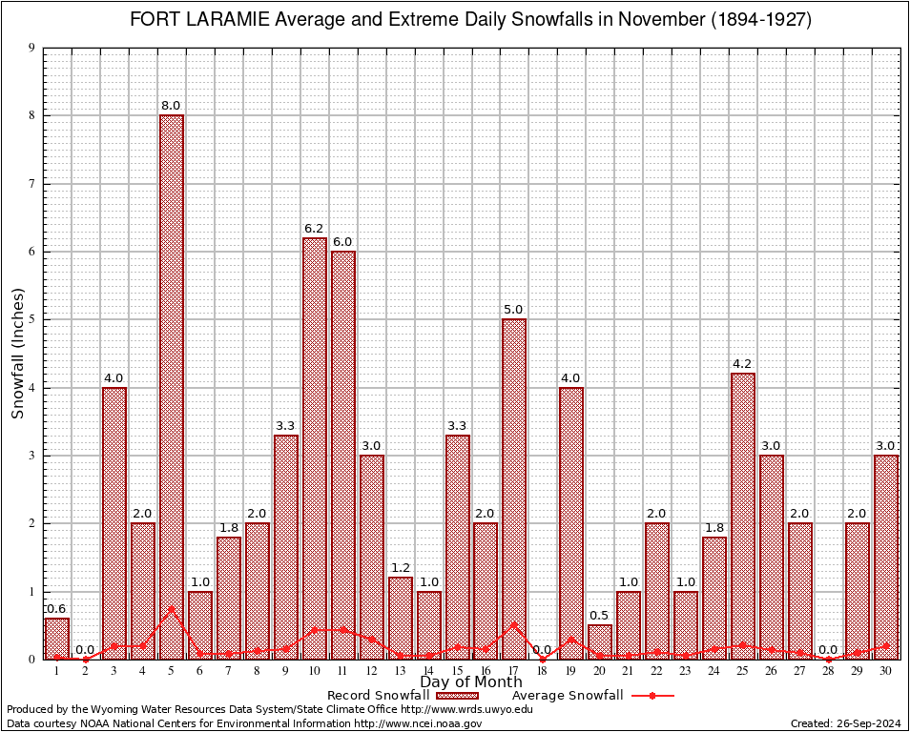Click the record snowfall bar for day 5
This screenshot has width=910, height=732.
tap(172, 381)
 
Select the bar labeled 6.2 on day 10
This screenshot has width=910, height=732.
tap(315, 448)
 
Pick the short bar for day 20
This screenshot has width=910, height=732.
tap(600, 641)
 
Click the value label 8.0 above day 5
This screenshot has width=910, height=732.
tap(172, 106)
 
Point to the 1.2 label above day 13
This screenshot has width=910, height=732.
tap(401, 568)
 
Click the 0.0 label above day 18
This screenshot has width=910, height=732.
tap(543, 650)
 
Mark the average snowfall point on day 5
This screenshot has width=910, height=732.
tap(172, 608)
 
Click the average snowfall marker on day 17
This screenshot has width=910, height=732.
tap(514, 625)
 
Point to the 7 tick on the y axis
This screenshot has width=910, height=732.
tap(31, 184)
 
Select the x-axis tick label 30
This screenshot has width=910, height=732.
tap(886, 671)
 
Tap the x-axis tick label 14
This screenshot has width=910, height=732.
tap(429, 671)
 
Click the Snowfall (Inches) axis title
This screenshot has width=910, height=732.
tap(18, 354)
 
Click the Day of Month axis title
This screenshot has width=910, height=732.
tap(470, 682)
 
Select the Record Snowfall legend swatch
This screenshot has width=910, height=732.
tap(456, 696)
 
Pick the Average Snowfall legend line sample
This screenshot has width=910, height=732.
tap(652, 696)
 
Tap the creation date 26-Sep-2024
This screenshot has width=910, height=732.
tap(865, 723)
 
